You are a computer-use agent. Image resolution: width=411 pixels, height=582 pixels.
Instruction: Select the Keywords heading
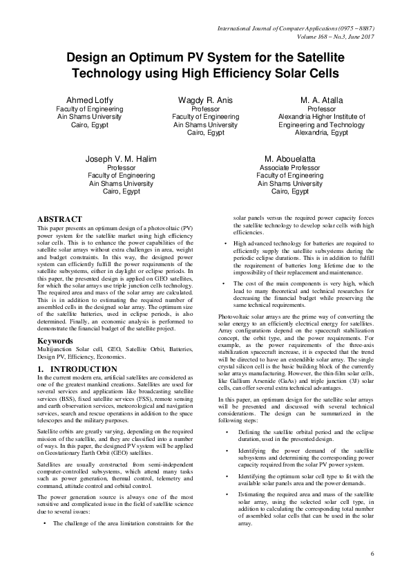tap(56, 341)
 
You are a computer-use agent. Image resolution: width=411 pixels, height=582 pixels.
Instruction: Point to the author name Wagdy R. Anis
tap(205, 100)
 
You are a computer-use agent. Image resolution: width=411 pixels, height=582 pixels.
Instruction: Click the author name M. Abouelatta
tap(289, 159)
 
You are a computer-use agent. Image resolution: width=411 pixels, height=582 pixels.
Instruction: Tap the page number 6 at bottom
tap(372, 554)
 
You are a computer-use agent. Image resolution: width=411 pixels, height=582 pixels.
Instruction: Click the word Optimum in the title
tap(156, 59)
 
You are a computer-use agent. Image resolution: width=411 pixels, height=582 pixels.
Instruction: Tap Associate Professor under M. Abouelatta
tap(289, 168)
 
